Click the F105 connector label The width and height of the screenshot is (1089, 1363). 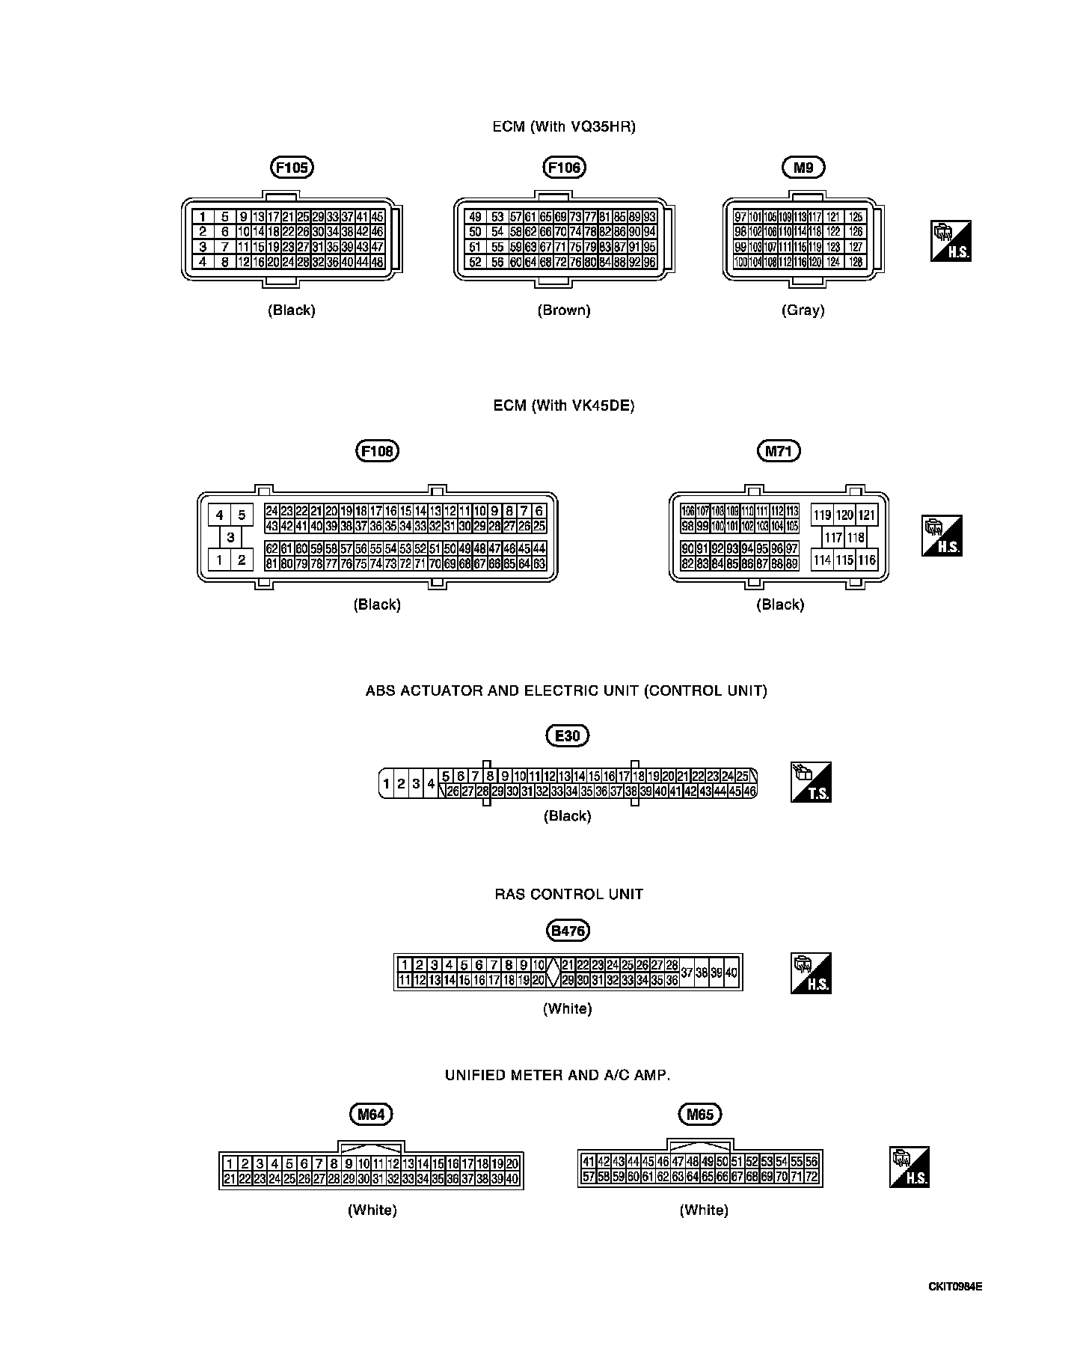point(292,168)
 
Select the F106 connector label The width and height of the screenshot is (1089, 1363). point(564,168)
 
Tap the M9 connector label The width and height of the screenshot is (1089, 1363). point(803,168)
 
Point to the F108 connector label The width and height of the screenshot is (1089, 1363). point(377,451)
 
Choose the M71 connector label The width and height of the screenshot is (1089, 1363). point(779,451)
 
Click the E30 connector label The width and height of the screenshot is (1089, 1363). point(568,736)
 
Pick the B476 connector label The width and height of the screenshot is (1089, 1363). point(568,931)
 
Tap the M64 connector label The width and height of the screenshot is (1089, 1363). point(371,1115)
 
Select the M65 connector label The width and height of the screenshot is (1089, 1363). point(700,1115)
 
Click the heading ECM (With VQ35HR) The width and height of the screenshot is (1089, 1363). point(564,126)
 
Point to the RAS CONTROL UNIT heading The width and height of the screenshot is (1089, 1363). point(568,894)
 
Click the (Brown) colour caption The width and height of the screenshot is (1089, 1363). point(564,310)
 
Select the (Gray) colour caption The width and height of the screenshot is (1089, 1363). point(803,310)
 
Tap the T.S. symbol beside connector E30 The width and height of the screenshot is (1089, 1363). point(812,782)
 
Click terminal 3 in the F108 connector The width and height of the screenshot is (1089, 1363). point(230,537)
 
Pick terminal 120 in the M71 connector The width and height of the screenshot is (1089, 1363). point(844,515)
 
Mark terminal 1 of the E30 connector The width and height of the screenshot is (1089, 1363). point(387,784)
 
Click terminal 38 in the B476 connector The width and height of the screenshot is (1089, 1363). point(702,973)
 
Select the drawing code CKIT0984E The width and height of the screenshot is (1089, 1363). point(955,1287)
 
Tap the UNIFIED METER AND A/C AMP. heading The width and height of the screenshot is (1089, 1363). point(557,1075)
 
